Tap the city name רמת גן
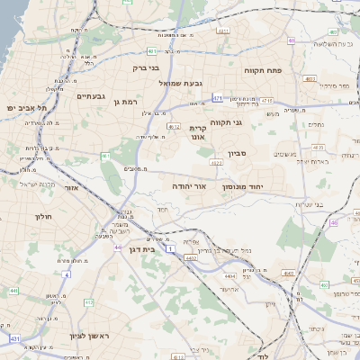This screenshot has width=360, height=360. click(129, 103)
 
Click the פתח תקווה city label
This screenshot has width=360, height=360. click(263, 68)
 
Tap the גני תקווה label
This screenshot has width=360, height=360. click(229, 122)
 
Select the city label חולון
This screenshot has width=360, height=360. click(44, 217)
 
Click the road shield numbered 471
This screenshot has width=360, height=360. click(218, 96)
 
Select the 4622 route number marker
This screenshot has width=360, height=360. click(215, 163)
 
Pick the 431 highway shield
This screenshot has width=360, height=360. click(14, 337)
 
